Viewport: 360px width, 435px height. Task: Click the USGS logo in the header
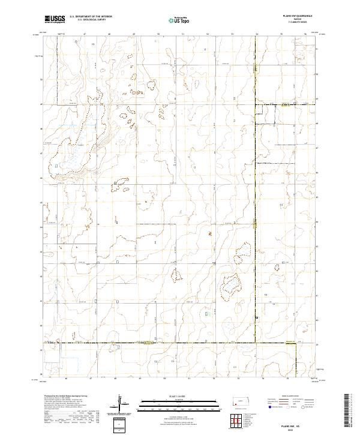click(54, 19)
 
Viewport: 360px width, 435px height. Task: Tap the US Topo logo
click(175, 20)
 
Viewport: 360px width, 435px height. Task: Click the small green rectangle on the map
click(208, 313)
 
